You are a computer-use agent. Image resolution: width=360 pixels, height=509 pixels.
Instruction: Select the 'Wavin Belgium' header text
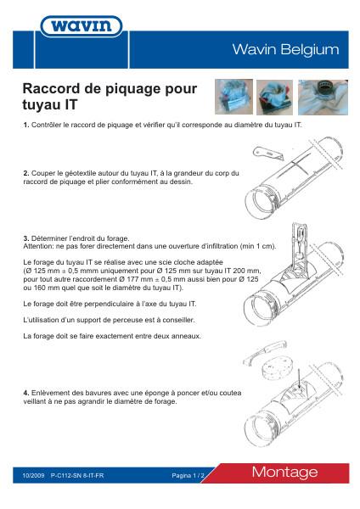[x=285, y=50]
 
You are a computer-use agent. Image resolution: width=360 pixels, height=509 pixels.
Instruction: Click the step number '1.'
[x=26, y=125]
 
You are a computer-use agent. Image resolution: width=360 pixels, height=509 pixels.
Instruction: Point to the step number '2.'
[x=26, y=173]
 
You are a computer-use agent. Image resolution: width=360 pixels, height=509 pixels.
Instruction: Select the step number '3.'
[x=26, y=238]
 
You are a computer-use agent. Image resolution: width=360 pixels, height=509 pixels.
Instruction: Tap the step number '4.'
[x=26, y=394]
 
